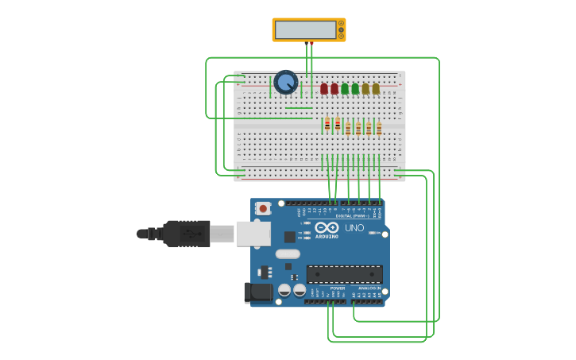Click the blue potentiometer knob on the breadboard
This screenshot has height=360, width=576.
[x=285, y=81]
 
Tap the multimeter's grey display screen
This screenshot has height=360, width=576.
[x=305, y=29]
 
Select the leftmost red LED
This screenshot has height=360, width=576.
[x=324, y=88]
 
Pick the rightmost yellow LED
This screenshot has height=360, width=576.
[x=376, y=88]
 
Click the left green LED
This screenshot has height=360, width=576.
[x=345, y=88]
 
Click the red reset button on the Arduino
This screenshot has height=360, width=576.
[x=263, y=208]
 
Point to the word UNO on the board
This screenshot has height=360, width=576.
[x=354, y=228]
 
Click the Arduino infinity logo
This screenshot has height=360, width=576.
[x=327, y=227]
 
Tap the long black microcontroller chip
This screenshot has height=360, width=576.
[x=344, y=274]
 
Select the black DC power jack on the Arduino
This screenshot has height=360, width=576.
[x=257, y=292]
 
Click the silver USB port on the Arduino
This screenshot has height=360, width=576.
[x=253, y=234]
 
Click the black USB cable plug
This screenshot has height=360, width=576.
[x=187, y=234]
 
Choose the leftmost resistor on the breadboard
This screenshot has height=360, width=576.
[x=327, y=125]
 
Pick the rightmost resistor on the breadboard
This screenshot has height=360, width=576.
[x=379, y=127]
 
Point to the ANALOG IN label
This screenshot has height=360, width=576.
[x=369, y=288]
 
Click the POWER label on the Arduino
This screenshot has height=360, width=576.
[x=337, y=288]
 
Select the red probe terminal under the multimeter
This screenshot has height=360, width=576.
[x=311, y=43]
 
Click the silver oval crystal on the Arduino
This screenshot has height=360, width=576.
[x=288, y=254]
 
